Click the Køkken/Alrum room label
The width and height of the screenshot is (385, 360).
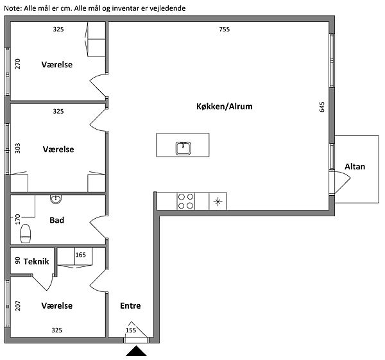point(224,107)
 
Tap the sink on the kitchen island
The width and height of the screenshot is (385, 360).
point(183,148)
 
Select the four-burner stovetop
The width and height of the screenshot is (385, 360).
point(185,201)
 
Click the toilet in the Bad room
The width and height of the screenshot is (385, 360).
point(26,234)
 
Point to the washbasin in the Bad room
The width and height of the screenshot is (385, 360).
point(56,199)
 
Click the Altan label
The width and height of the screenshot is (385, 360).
point(355,167)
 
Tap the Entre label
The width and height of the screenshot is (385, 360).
point(130,305)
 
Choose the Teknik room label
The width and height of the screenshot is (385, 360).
point(37,262)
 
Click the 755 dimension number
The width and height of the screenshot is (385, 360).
point(225,30)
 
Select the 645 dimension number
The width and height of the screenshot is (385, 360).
point(322,107)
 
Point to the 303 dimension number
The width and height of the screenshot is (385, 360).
point(18,148)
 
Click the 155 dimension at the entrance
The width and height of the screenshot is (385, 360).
point(131,330)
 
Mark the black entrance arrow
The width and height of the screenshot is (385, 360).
point(136,351)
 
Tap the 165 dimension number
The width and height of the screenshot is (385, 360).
point(81,255)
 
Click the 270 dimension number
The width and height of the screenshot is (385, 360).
point(18,64)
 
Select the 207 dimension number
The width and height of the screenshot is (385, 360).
point(18,306)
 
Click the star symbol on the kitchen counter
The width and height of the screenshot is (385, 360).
point(218,202)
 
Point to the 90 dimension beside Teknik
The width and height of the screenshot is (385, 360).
point(18,261)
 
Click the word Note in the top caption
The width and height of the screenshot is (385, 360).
point(13,8)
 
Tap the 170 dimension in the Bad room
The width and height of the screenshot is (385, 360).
point(18,219)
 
